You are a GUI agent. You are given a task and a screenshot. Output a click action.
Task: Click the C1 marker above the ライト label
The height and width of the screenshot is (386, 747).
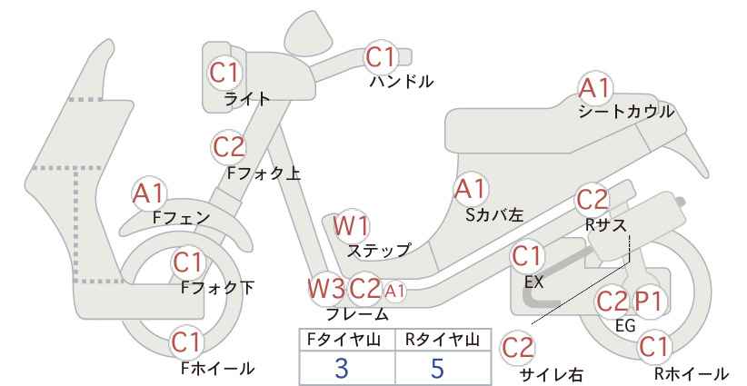click(x=224, y=73)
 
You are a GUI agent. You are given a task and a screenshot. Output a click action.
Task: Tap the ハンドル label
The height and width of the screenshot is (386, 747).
click(x=402, y=82)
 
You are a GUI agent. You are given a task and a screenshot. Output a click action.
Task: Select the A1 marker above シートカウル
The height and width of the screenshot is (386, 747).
click(x=595, y=88)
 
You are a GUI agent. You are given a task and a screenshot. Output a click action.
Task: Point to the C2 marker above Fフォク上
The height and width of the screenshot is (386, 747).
click(x=228, y=146)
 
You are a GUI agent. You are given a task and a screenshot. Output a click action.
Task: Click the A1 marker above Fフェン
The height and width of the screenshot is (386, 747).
click(x=149, y=193)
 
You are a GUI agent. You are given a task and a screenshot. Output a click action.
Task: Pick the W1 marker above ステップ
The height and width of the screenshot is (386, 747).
click(x=351, y=225)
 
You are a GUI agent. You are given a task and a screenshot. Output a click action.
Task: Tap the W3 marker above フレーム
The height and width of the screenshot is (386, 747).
click(x=326, y=289)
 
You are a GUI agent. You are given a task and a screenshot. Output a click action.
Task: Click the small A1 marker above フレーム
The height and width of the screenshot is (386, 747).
click(x=394, y=290)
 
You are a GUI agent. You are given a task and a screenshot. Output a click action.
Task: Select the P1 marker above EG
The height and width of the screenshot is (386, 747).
click(x=649, y=302)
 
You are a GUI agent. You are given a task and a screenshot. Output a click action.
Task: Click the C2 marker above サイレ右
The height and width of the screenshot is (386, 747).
click(x=518, y=348)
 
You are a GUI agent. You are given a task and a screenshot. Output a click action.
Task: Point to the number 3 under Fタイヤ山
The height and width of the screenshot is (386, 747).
click(x=341, y=368)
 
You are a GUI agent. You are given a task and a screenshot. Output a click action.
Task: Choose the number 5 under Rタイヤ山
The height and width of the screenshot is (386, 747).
click(x=437, y=368)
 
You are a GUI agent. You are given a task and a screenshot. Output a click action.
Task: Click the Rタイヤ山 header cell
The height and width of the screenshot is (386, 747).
click(x=443, y=340)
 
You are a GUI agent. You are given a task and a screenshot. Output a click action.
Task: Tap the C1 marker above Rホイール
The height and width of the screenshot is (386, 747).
click(x=653, y=348)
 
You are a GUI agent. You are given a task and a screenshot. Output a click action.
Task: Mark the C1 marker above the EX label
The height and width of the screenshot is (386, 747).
click(x=526, y=257)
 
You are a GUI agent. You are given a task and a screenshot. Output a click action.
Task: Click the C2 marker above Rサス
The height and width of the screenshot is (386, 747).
click(x=593, y=201)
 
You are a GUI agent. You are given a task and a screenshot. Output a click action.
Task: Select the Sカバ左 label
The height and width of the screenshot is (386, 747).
click(x=494, y=215)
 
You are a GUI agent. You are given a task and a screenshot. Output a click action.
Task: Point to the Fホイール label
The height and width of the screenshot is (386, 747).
click(x=218, y=369)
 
